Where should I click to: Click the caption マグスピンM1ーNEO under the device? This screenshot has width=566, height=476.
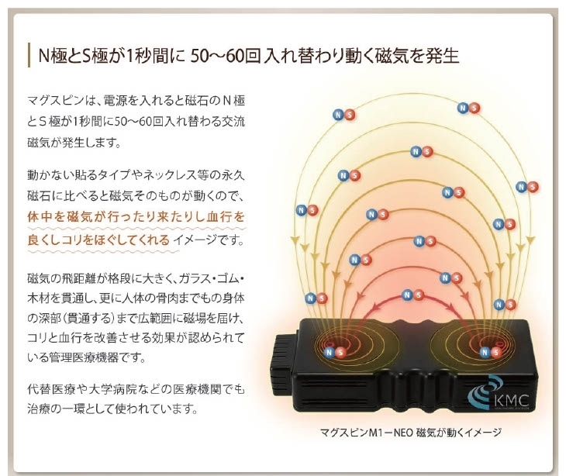(367, 432)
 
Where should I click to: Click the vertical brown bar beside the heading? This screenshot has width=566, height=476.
(29, 55)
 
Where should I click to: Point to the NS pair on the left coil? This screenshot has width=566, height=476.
(335, 352)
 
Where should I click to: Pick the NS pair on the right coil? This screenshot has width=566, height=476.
(491, 352)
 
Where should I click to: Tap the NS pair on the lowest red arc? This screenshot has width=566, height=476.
(412, 295)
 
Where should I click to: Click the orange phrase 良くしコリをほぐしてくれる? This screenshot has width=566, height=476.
(98, 240)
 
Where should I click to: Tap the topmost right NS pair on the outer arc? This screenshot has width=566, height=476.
(468, 108)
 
